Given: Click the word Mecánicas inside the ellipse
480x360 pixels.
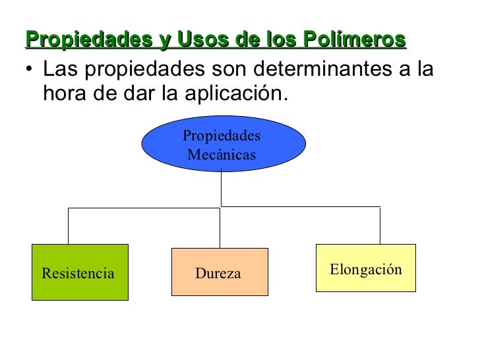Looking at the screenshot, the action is [x=221, y=156].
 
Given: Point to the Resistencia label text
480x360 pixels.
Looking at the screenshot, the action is [x=78, y=273].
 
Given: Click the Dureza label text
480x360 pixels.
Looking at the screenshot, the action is [x=218, y=273].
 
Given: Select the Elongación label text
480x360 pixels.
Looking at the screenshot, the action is [x=365, y=269].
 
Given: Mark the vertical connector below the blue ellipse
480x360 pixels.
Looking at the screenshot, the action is [x=221, y=190].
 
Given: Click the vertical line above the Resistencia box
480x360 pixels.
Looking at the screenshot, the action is [x=69, y=226].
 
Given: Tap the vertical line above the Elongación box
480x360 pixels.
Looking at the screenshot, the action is [x=380, y=225].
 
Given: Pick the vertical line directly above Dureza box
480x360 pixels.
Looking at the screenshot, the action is [x=220, y=228].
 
